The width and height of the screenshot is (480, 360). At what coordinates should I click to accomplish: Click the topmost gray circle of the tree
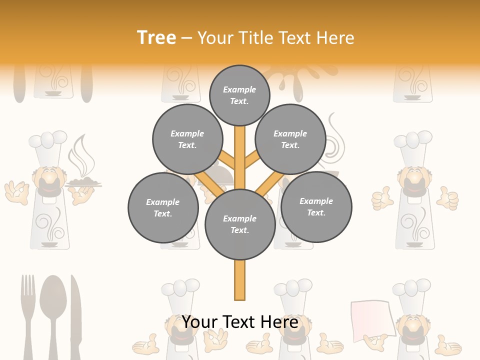[239, 95]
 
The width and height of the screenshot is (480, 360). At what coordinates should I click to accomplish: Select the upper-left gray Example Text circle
[187, 139]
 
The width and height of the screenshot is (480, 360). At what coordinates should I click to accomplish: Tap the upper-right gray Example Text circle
[290, 139]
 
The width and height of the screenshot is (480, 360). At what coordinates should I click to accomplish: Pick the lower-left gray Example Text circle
[163, 207]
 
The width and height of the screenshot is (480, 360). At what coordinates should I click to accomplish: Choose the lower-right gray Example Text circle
[316, 206]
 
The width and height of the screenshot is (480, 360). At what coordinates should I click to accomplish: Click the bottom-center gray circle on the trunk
[240, 224]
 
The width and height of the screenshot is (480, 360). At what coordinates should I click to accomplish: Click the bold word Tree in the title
[156, 37]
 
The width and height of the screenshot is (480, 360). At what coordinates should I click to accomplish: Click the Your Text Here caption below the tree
[240, 322]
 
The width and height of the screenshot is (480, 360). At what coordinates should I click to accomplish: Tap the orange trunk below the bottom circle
[240, 280]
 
